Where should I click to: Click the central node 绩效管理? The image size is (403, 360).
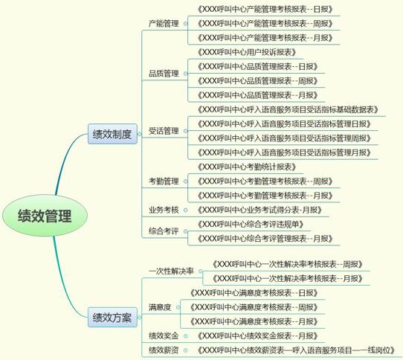[45, 216]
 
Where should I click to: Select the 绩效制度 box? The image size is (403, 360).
[112, 134]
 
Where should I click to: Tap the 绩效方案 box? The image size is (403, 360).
[112, 318]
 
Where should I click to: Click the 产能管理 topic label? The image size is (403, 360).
[164, 24]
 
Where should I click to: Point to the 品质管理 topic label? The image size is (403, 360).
[164, 74]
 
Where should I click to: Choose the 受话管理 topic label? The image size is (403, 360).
[164, 131]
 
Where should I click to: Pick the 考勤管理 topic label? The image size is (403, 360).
[164, 181]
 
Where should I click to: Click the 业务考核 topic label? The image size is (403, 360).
[164, 210]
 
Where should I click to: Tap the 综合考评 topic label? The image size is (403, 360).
[164, 231]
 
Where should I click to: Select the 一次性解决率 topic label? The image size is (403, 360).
[171, 271]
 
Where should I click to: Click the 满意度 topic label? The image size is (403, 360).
[160, 307]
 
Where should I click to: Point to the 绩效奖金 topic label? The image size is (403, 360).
[164, 336]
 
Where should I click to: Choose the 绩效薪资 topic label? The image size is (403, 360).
[164, 350]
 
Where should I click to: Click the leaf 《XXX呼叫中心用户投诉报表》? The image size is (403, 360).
[247, 52]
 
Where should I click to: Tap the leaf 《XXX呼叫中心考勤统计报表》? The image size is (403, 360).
[247, 167]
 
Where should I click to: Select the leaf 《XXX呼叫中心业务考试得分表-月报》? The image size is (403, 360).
[259, 210]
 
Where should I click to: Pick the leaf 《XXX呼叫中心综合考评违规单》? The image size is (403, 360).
[251, 224]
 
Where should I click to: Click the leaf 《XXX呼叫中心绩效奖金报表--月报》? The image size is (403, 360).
[258, 336]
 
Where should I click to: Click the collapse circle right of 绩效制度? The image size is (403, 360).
[140, 134]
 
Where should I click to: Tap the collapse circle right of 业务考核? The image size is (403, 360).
[186, 210]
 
